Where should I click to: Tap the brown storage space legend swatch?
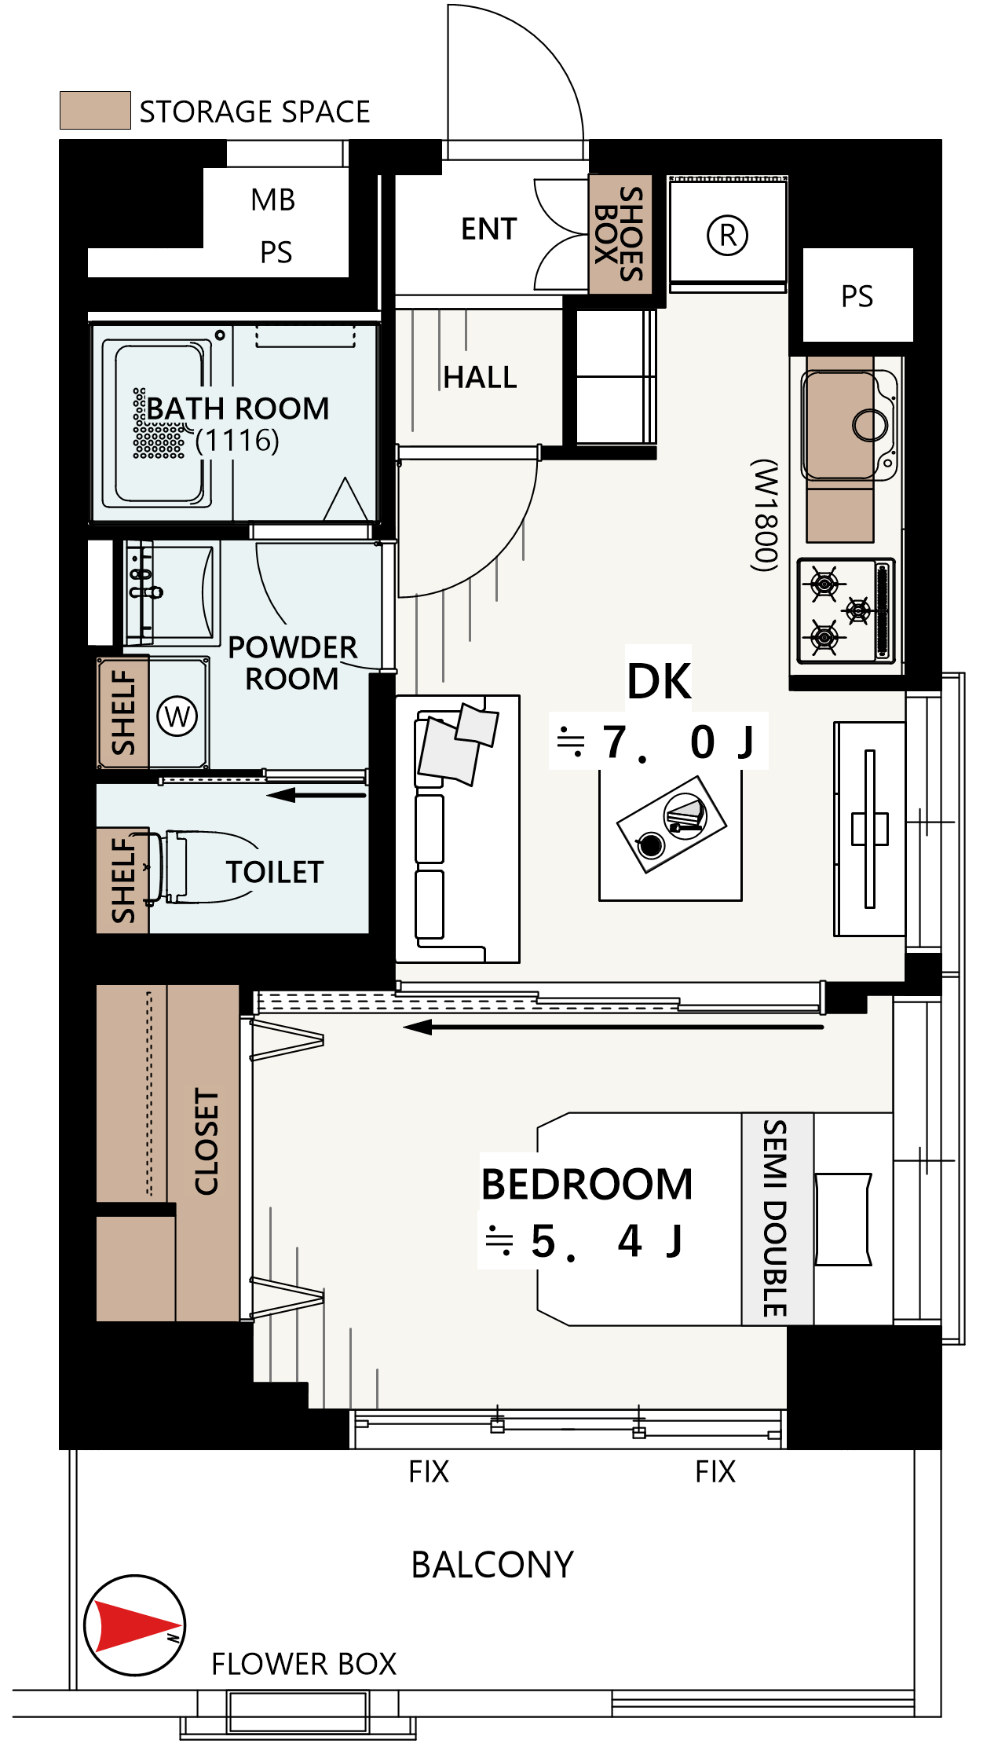point(95,110)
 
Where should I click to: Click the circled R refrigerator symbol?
point(728,235)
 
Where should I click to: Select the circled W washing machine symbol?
point(177,716)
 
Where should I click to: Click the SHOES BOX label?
point(620,234)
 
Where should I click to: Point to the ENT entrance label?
point(488,229)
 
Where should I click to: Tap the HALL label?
point(480,377)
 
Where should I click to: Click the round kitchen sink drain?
point(870,425)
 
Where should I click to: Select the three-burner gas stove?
point(846,610)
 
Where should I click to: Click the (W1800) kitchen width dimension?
point(765,515)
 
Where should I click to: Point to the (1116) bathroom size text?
point(237,441)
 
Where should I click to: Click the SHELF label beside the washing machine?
point(124,712)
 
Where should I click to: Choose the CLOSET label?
point(207,1141)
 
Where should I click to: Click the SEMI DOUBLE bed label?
point(776,1218)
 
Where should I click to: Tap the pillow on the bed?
point(843,1219)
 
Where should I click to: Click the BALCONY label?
point(492,1565)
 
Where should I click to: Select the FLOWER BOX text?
point(304,1664)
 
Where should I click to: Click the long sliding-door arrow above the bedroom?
point(613,1027)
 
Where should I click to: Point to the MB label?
point(273,200)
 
